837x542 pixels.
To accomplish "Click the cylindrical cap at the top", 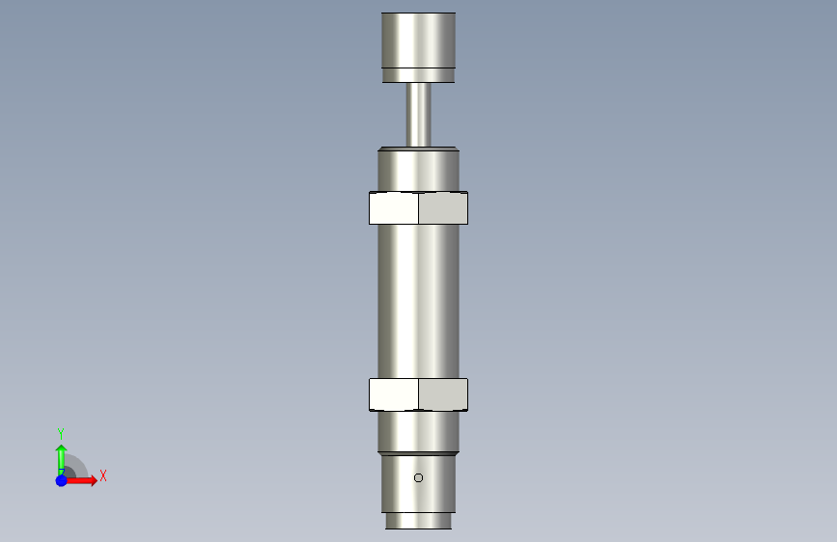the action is tap(419, 47).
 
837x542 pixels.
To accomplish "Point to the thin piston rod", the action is tap(419, 115).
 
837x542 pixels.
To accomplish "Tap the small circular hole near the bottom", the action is tap(419, 478).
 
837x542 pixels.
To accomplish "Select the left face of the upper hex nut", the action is tap(394, 208).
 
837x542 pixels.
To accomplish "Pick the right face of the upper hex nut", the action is tap(443, 208).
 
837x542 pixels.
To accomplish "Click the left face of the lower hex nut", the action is tap(394, 394).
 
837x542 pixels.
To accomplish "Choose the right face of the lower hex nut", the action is tap(443, 394).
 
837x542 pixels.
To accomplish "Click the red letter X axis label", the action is tap(103, 475).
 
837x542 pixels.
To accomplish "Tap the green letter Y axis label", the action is tap(61, 433).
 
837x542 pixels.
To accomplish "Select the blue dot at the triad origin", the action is tap(62, 480).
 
